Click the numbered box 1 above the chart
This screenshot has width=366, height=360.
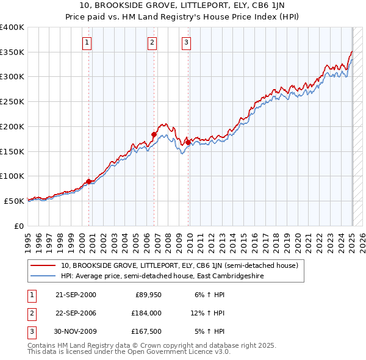tap(88, 43)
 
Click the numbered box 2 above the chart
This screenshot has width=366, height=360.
tap(152, 43)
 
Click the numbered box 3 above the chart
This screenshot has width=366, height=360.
tap(186, 43)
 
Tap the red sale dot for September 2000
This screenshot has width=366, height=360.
tap(89, 181)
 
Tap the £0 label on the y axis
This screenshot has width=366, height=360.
tap(19, 226)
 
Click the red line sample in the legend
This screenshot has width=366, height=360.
tap(43, 266)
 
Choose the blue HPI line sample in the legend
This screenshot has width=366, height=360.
tap(43, 276)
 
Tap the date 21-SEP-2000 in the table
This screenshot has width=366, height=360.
tap(76, 295)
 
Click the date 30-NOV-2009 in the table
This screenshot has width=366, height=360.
tap(76, 331)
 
